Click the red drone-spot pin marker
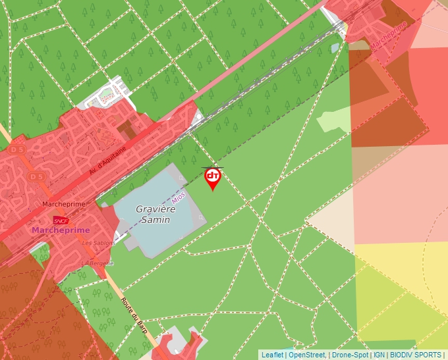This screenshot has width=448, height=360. [x=212, y=178]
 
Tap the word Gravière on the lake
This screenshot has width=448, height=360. [x=156, y=209]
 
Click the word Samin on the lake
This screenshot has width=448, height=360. [x=155, y=219]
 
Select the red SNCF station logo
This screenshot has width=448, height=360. [x=61, y=220]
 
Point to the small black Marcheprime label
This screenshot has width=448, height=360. [x=63, y=204]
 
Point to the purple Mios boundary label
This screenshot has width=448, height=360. [x=178, y=196]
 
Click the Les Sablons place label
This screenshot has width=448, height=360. [x=98, y=243]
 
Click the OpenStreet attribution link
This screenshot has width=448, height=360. [x=306, y=355]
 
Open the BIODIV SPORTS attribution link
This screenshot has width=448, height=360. [x=415, y=355]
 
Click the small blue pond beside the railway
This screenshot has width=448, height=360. [x=335, y=47]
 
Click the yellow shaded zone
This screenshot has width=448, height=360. [x=402, y=290]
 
